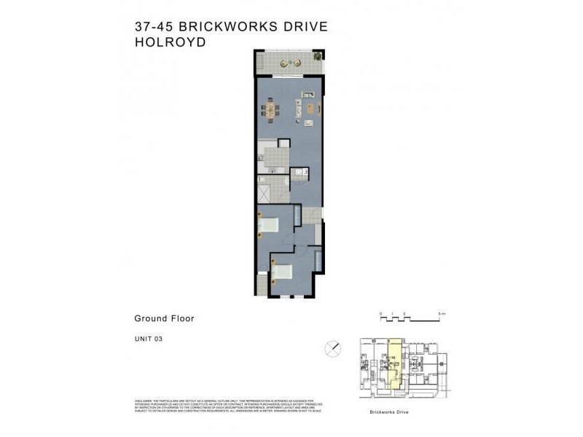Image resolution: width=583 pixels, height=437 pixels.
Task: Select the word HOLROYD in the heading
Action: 170,42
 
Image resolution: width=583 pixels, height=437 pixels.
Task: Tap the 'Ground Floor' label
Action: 163,318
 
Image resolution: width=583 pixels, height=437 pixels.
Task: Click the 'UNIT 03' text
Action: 148,337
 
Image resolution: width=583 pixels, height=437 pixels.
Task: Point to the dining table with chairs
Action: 270,111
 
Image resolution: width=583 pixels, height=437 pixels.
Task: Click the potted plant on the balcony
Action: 317,56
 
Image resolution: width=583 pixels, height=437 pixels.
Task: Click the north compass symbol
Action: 334,348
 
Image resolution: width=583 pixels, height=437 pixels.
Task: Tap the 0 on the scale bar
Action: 381,314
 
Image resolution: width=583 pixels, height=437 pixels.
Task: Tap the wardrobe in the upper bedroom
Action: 297,219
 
